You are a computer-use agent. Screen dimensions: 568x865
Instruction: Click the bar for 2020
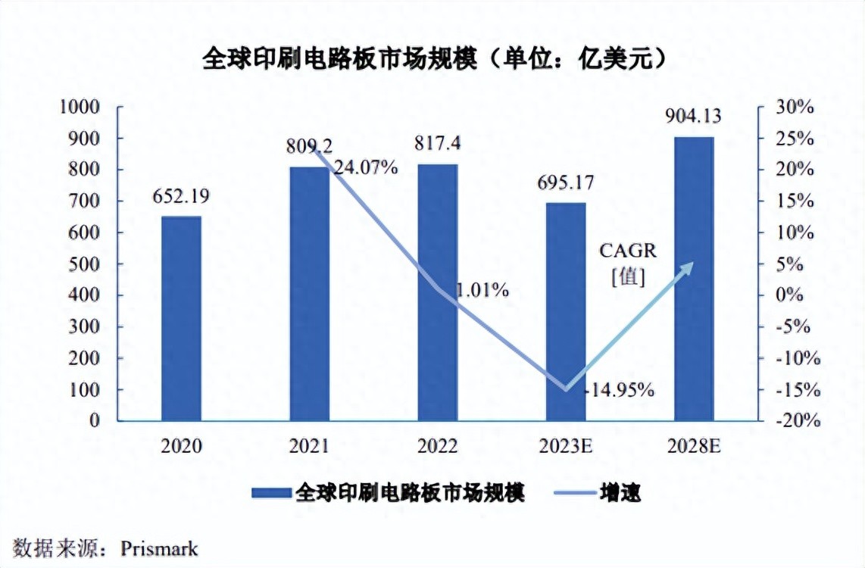[x=182, y=318]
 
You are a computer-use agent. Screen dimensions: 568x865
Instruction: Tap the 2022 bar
[x=438, y=292]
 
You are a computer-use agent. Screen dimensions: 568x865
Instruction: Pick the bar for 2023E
[x=566, y=311]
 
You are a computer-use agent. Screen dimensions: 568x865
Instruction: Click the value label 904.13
[x=693, y=117]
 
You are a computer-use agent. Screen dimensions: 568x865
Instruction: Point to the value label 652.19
[x=180, y=196]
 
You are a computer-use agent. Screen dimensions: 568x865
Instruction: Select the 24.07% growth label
[x=365, y=168]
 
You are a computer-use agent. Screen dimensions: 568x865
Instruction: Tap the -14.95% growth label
[x=620, y=390]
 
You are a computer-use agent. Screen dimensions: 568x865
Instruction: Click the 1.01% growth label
[x=482, y=290]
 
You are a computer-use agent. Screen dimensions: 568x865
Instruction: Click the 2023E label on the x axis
[x=566, y=446]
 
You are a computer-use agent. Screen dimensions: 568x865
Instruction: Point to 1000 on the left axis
[x=80, y=108]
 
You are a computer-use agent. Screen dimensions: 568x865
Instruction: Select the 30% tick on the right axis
[x=792, y=108]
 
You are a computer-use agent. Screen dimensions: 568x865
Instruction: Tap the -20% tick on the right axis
[x=792, y=422]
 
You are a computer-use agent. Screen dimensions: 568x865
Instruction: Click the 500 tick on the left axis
[x=86, y=264]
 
